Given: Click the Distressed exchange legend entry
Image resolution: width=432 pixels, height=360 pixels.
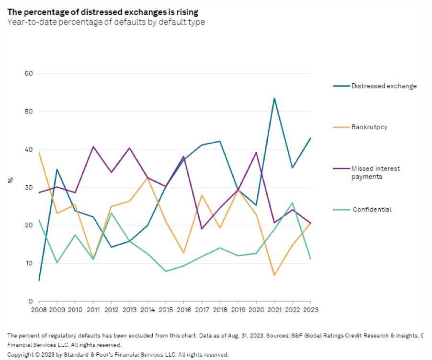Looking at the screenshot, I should click(x=383, y=86).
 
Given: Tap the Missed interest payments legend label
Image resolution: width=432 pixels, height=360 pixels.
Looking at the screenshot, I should click(x=375, y=172).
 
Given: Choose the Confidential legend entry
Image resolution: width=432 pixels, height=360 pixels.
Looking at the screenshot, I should click(x=372, y=209).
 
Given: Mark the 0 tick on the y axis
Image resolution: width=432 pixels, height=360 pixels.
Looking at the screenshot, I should click(x=30, y=301).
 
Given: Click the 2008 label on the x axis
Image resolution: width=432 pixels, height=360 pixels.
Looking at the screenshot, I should click(x=39, y=309).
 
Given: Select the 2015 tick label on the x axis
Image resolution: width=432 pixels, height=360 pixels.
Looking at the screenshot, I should click(x=166, y=309).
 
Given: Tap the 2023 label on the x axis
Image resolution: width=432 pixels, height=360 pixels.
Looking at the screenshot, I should click(x=311, y=309).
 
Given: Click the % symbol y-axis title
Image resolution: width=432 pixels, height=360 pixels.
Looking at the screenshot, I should click(x=10, y=180).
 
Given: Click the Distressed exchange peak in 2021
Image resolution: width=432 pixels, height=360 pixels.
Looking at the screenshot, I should click(x=274, y=98).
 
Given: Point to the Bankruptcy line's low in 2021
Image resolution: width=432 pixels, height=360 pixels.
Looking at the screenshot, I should click(x=274, y=275).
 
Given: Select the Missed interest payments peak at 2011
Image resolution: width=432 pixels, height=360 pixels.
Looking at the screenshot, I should click(x=93, y=146).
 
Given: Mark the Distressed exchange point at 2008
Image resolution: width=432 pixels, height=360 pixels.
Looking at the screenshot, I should click(x=39, y=281).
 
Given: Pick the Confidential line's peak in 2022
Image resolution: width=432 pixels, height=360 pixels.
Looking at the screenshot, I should click(x=293, y=203).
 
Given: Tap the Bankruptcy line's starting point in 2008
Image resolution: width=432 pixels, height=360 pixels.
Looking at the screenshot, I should click(x=39, y=152).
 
